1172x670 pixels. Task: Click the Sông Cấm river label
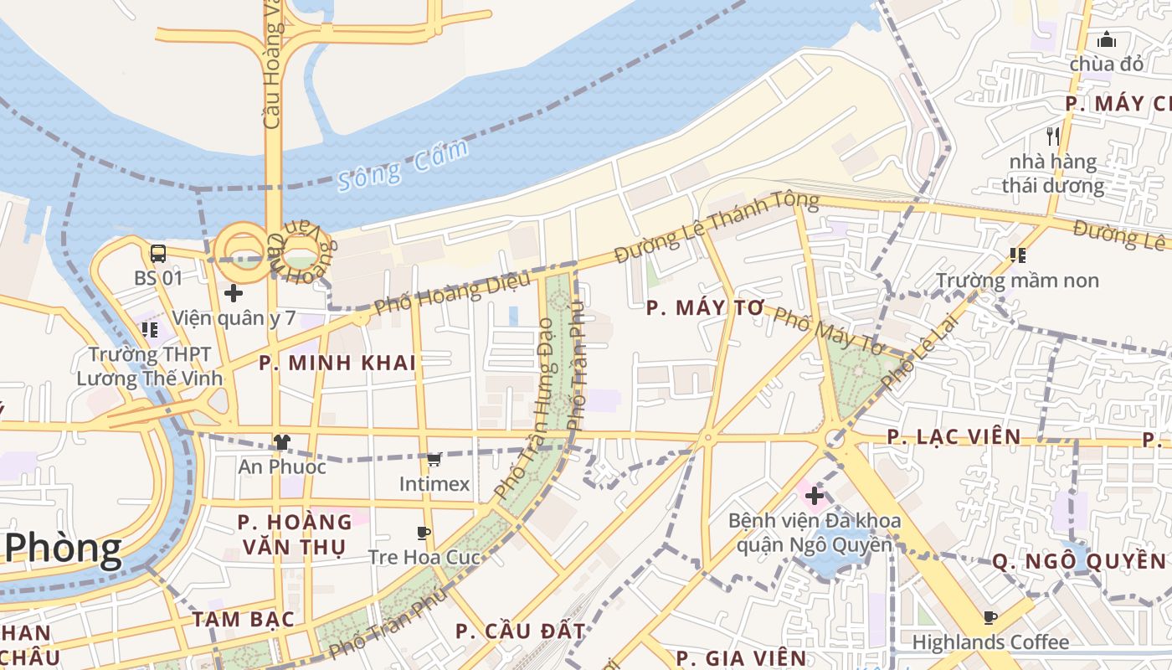[x=403, y=166]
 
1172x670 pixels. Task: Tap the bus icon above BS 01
[x=157, y=253]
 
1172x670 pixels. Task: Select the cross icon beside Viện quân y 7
[x=234, y=293]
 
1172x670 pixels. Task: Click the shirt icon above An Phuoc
[x=281, y=441]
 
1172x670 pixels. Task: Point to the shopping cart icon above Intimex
[x=434, y=459]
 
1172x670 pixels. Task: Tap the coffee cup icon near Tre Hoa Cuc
[x=424, y=533]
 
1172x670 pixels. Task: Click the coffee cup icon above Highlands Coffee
[x=990, y=618]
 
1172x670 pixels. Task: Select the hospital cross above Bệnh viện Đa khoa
[x=814, y=496]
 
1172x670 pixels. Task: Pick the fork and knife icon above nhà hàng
[x=1052, y=136]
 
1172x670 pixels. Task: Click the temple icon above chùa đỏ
[x=1106, y=39]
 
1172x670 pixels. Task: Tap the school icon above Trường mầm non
[x=1017, y=255]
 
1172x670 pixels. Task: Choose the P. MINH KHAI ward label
[x=337, y=363]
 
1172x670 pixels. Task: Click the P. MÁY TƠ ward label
[x=706, y=308]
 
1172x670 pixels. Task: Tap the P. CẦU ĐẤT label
[x=520, y=631]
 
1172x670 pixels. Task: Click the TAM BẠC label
[x=243, y=619]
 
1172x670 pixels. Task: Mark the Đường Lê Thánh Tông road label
[x=716, y=226]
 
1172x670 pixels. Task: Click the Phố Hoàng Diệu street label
[x=452, y=294]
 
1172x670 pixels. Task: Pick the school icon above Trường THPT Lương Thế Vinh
[x=150, y=330]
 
